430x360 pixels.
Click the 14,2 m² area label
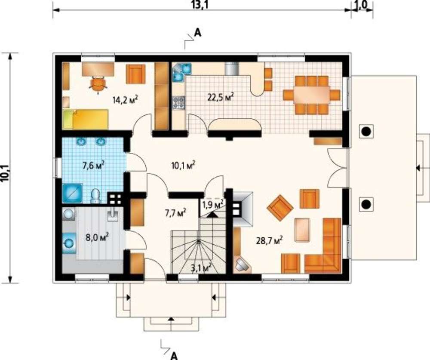(125, 99)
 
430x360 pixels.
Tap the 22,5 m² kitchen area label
(221, 97)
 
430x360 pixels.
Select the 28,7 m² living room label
(270, 240)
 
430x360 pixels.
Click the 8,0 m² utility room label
(97, 237)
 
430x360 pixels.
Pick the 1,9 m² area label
(213, 204)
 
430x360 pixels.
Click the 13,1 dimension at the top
(200, 5)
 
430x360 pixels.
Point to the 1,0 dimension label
(362, 5)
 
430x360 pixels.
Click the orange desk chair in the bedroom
(98, 84)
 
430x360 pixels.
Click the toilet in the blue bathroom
(95, 196)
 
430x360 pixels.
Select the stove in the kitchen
(178, 103)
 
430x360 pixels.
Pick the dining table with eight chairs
(311, 95)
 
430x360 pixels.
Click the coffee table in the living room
(302, 230)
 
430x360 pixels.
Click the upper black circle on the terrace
(365, 132)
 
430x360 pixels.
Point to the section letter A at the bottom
(174, 356)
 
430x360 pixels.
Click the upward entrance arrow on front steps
(171, 319)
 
